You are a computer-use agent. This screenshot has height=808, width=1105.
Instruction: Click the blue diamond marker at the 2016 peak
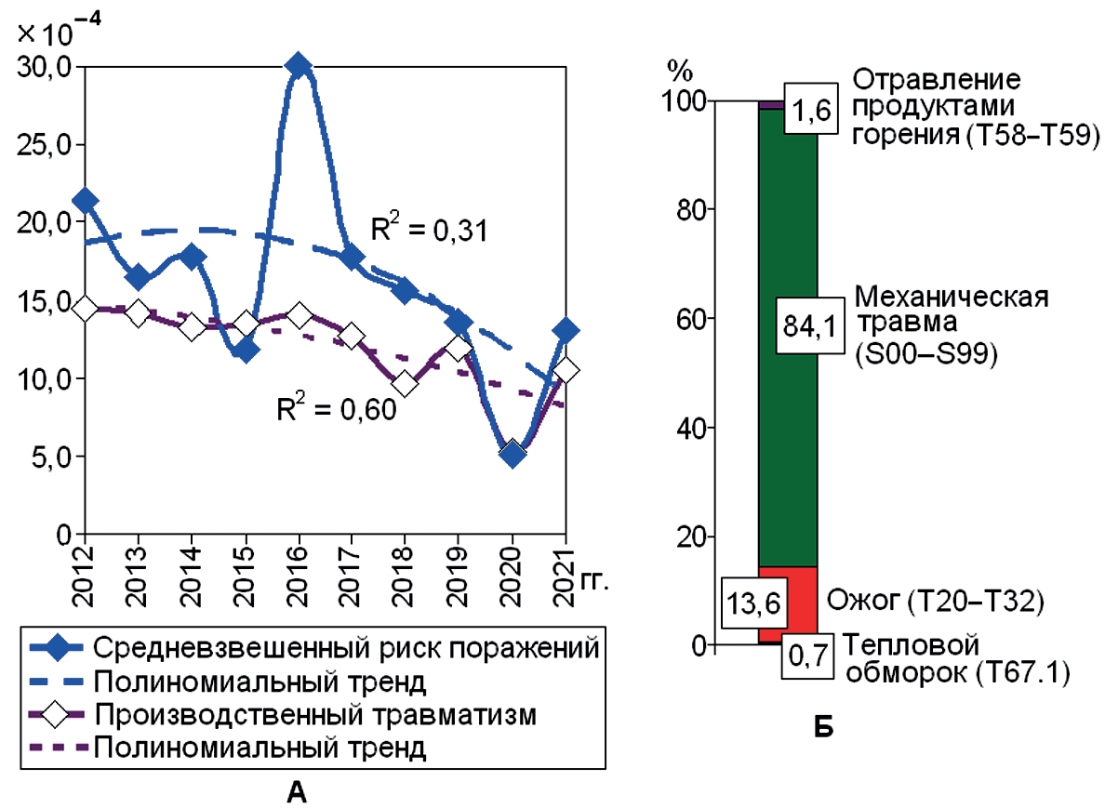(298, 65)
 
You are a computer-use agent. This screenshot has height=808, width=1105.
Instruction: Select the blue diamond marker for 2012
(85, 200)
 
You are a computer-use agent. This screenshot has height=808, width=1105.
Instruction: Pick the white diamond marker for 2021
(564, 370)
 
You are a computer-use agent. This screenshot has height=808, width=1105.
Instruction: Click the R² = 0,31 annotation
(430, 231)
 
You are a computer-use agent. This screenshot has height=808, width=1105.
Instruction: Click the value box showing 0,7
(806, 658)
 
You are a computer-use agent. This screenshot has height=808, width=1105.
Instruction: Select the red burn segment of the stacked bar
(788, 604)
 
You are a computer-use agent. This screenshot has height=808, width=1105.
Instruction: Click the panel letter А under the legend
(297, 791)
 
